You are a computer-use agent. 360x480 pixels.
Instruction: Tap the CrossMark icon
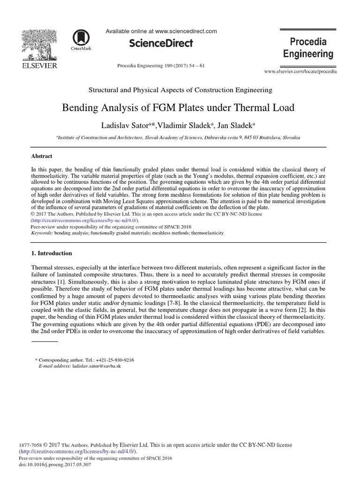click(x=81, y=39)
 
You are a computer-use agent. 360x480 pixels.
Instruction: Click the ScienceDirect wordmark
click(x=161, y=44)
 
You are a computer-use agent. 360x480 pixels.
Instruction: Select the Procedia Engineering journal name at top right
click(x=308, y=48)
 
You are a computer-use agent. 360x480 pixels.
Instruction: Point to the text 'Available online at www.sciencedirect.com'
click(x=161, y=31)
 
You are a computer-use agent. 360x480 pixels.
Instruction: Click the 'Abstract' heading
click(x=42, y=157)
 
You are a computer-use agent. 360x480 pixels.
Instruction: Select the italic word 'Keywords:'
click(x=42, y=232)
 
